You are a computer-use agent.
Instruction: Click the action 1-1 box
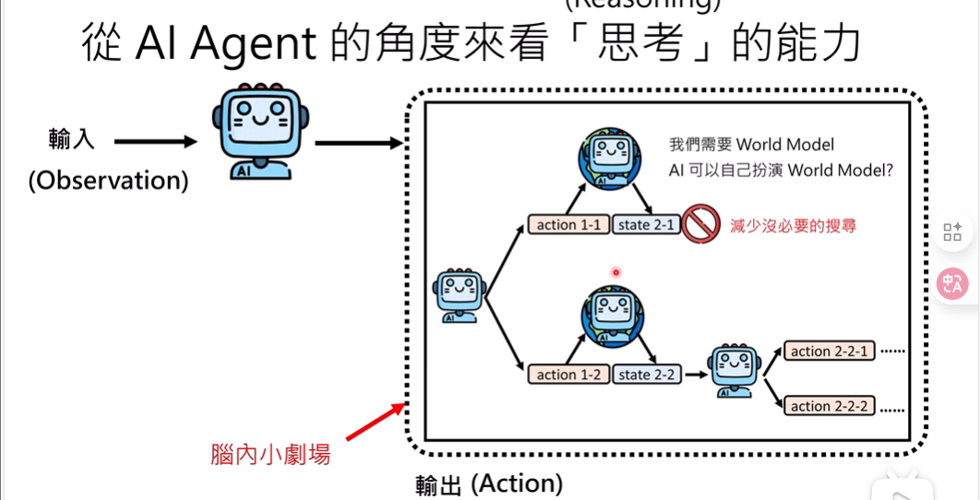pos(568,225)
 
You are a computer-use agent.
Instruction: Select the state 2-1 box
pos(647,225)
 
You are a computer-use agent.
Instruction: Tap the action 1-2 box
pos(568,375)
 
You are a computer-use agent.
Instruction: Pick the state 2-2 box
pos(647,375)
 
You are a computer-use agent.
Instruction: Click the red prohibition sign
pos(701,224)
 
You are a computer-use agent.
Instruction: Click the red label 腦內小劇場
pos(270,454)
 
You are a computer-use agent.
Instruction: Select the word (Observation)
pos(108,180)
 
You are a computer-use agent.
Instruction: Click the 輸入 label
pos(71,140)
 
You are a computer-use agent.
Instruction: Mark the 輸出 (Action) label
pos(488,483)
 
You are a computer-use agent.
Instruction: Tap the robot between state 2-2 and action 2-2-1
pos(734,370)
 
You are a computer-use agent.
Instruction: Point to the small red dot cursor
pos(615,272)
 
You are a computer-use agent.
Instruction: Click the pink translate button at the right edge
pos(952,284)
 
